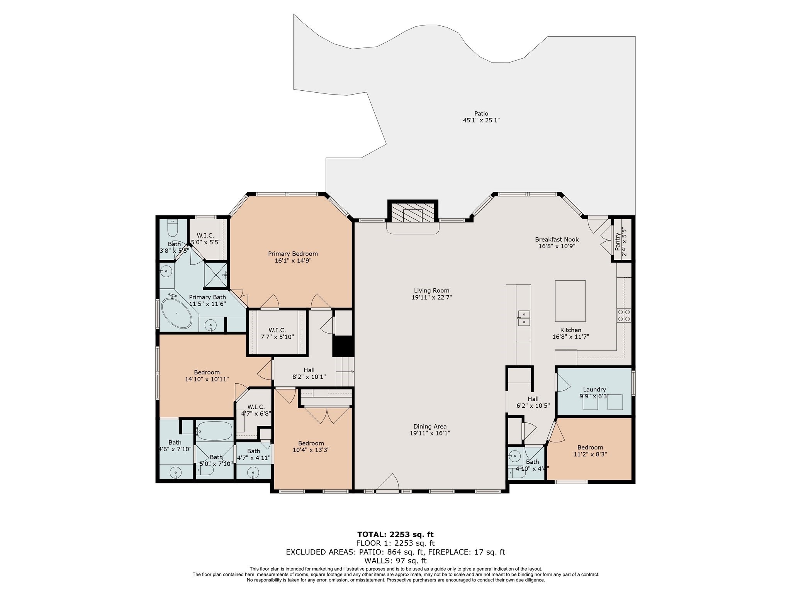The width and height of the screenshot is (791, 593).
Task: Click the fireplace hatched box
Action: tap(412, 213)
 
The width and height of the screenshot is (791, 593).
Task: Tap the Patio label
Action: tap(481, 114)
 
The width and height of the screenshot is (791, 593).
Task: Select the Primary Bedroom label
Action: tap(293, 254)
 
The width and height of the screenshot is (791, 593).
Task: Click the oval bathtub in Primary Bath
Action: tap(176, 313)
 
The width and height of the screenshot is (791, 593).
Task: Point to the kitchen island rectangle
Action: tap(570, 301)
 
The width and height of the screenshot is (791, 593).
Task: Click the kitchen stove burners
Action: tap(624, 315)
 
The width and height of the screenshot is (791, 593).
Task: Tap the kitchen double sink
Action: tap(524, 318)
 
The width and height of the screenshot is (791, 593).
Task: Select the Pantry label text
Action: tap(618, 241)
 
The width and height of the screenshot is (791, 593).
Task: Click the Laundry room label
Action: tap(594, 390)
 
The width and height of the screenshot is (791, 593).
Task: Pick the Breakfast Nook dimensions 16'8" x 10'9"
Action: tap(557, 246)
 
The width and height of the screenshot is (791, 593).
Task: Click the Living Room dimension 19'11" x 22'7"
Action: tap(431, 297)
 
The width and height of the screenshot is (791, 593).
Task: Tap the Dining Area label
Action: tap(430, 426)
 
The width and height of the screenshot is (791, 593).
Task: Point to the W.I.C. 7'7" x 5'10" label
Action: tap(277, 333)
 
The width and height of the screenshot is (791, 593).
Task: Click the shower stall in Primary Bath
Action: tap(216, 275)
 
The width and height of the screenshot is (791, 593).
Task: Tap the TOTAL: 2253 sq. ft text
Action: tap(395, 534)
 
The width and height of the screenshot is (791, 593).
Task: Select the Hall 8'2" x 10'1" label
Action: tap(309, 373)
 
